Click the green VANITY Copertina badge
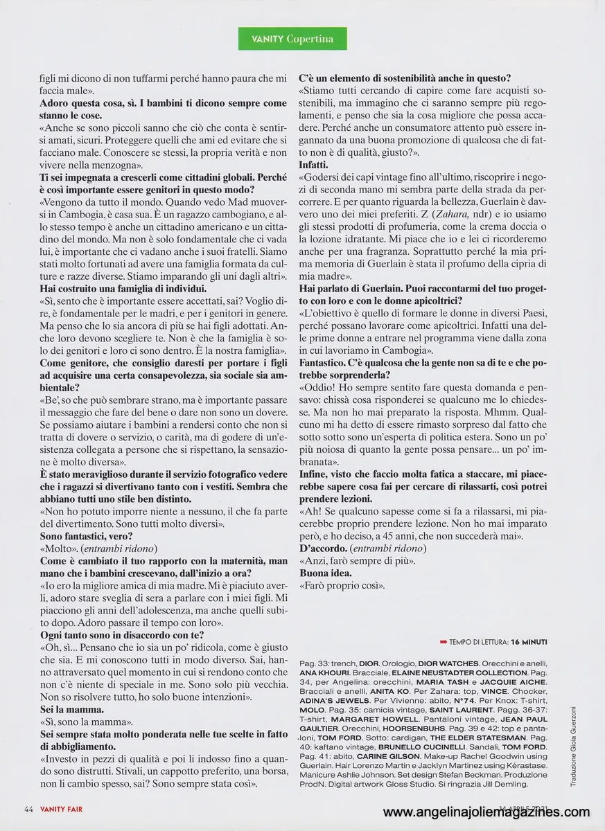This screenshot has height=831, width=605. pyautogui.click(x=291, y=39)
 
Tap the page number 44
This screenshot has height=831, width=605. pyautogui.click(x=28, y=809)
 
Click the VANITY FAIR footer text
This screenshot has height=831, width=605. pyautogui.click(x=62, y=809)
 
